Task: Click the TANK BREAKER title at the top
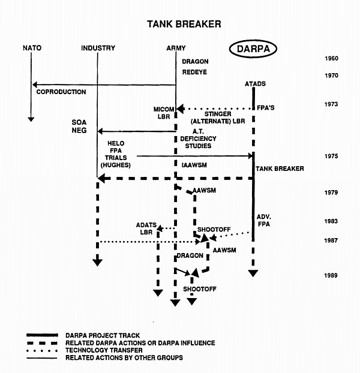(184, 25)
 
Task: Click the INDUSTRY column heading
(97, 48)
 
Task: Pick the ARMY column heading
(176, 48)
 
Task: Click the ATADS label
(256, 84)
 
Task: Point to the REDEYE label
(195, 72)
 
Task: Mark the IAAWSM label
(194, 164)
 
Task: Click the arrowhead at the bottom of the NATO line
(31, 119)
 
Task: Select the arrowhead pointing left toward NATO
(35, 85)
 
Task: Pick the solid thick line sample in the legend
(42, 335)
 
